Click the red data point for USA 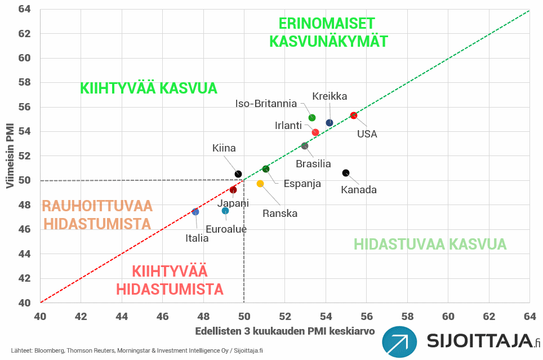[x=354, y=115]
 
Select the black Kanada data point [x=346, y=173]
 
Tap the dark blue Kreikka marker [x=330, y=123]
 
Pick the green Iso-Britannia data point [x=312, y=118]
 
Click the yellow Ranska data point [x=260, y=184]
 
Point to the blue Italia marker [x=195, y=212]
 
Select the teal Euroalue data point [x=225, y=211]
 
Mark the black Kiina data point [x=238, y=174]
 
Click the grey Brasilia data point [x=305, y=146]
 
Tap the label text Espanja [x=302, y=184]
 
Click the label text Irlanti [x=288, y=125]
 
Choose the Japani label [x=233, y=203]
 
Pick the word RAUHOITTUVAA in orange [x=97, y=206]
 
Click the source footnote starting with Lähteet [x=137, y=350]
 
